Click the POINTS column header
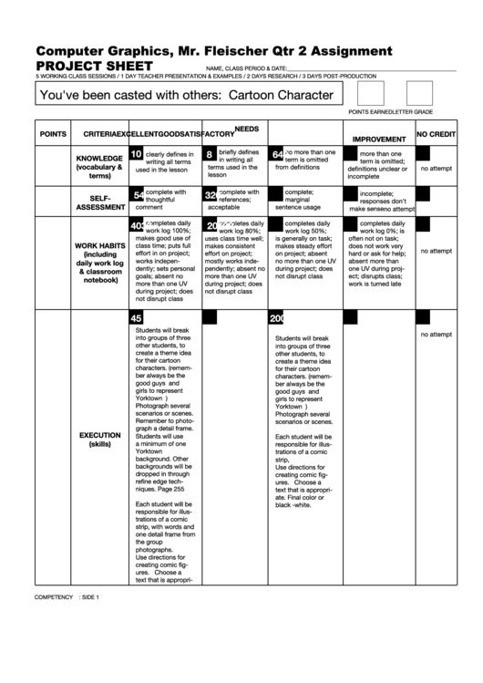tap(53, 135)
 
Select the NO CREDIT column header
tap(436, 134)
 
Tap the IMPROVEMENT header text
tap(372, 140)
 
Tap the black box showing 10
tap(136, 154)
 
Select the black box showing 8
tap(209, 155)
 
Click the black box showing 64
tap(277, 155)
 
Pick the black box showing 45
tap(136, 318)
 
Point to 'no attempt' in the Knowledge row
tap(436, 169)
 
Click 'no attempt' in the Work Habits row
tap(436, 251)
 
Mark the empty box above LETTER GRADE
tap(419, 94)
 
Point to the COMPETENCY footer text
tap(54, 596)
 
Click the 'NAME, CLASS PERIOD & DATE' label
tap(245, 69)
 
